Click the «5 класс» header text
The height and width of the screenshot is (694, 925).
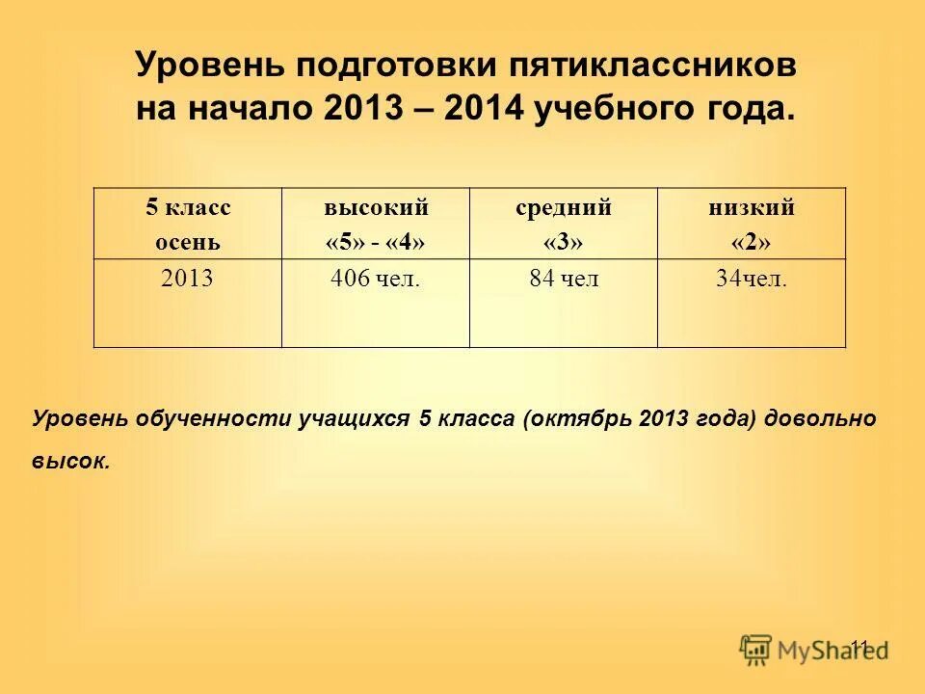188,207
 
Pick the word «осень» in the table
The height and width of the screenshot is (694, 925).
188,241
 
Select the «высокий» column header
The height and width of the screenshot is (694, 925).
376,207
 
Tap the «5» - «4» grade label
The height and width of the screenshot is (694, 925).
376,242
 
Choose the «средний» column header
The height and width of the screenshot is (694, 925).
564,207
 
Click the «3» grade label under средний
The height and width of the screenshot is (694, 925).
564,242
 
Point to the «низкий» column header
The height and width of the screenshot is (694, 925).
752,207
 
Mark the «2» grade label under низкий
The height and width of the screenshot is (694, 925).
752,242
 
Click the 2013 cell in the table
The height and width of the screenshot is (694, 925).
187,280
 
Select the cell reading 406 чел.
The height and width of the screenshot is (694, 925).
375,280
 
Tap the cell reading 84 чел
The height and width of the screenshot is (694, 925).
564,280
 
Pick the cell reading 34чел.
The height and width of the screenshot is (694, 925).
752,280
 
